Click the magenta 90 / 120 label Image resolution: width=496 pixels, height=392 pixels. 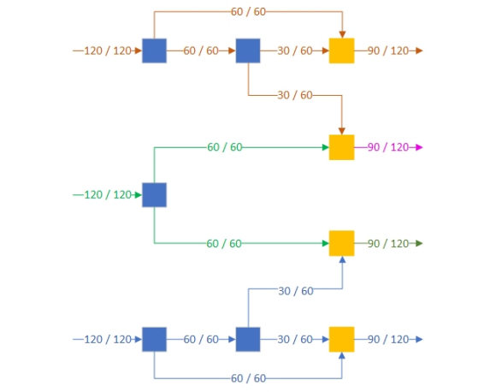[x=388, y=147]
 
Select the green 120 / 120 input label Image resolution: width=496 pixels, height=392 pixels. [x=108, y=195]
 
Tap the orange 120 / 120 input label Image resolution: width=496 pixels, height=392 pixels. [x=108, y=50]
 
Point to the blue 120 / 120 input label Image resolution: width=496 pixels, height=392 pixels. [x=108, y=340]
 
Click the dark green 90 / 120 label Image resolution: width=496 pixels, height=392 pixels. [x=388, y=243]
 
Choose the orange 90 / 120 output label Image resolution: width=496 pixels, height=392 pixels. [x=388, y=50]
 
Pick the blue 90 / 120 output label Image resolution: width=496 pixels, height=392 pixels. [x=388, y=340]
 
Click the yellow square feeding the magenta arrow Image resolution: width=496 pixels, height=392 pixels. [x=341, y=147]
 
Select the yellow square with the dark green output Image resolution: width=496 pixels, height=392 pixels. [x=341, y=243]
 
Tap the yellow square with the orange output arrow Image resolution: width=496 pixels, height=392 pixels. [x=341, y=50]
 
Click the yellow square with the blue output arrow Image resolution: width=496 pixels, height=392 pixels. [x=341, y=340]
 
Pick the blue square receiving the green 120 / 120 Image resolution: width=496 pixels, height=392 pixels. [x=155, y=195]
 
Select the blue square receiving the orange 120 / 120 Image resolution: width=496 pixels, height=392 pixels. [x=155, y=50]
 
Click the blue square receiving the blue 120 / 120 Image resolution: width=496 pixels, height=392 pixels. [x=155, y=340]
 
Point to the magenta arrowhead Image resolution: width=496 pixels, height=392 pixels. [x=419, y=147]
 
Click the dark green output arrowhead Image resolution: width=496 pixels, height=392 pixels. [x=419, y=243]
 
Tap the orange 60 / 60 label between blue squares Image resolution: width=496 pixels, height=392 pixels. [x=201, y=50]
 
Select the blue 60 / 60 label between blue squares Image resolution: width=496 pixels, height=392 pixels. [x=201, y=340]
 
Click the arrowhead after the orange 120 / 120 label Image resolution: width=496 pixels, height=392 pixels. [x=139, y=50]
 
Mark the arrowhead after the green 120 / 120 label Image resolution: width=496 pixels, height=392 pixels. [x=139, y=195]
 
